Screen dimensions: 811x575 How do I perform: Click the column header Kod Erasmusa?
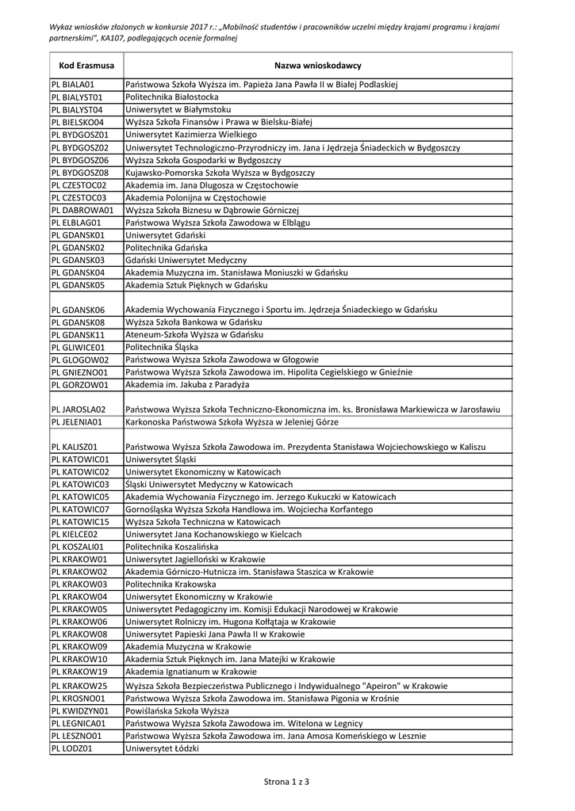tap(86, 65)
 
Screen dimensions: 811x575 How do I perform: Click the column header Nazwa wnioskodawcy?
tap(317, 65)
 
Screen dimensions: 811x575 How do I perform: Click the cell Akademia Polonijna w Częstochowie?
tap(196, 198)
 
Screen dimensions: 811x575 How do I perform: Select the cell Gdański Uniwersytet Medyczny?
tap(186, 260)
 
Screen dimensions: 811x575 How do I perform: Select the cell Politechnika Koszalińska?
tap(171, 546)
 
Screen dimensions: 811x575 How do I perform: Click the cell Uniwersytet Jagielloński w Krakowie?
tap(196, 559)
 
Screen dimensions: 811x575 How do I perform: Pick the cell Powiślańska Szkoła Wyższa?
tap(177, 711)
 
